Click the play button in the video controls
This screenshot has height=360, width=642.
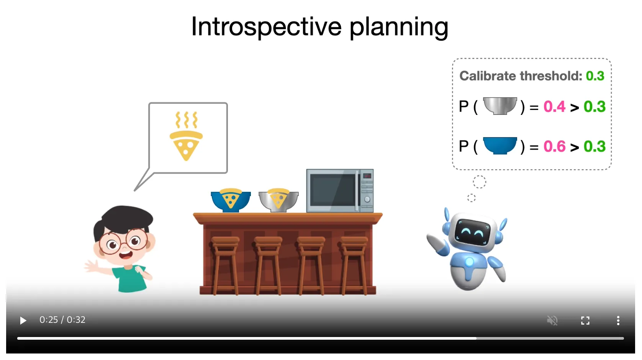[23, 321]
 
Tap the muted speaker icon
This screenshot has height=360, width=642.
[552, 321]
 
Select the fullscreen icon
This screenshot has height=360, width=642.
[585, 321]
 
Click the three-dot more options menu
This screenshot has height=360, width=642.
[618, 321]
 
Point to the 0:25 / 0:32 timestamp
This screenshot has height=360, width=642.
[62, 320]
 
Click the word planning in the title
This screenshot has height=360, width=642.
[399, 28]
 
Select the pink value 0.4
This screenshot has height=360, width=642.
[554, 106]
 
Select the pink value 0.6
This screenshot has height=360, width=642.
[554, 146]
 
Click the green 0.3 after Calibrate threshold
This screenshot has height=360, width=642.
[595, 76]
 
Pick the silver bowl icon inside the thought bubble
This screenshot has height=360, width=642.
[500, 106]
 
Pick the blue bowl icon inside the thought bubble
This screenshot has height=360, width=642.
[500, 146]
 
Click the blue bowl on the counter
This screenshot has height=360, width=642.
[231, 201]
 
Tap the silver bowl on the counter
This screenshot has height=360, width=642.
[278, 201]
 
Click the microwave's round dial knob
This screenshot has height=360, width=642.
[367, 200]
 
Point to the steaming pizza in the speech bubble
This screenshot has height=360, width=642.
[186, 136]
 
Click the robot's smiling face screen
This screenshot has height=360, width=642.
[472, 232]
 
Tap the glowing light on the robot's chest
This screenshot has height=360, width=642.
[469, 262]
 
